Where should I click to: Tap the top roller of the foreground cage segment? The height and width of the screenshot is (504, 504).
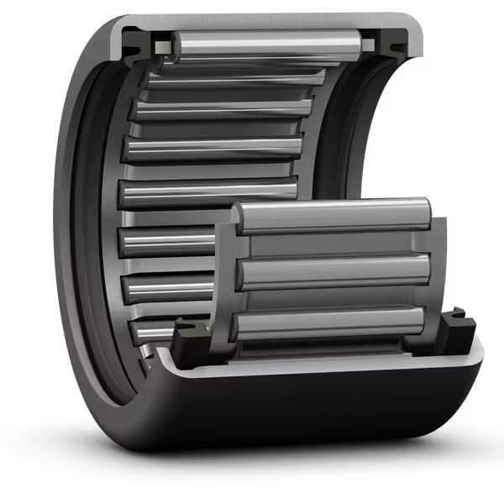point(332,215)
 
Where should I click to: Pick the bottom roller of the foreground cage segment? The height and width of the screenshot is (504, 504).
point(332,323)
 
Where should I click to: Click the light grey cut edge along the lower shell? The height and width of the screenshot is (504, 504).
point(319,364)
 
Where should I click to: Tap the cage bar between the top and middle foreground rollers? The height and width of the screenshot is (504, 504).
point(336,244)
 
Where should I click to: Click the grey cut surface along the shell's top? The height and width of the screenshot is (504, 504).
point(269,21)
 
